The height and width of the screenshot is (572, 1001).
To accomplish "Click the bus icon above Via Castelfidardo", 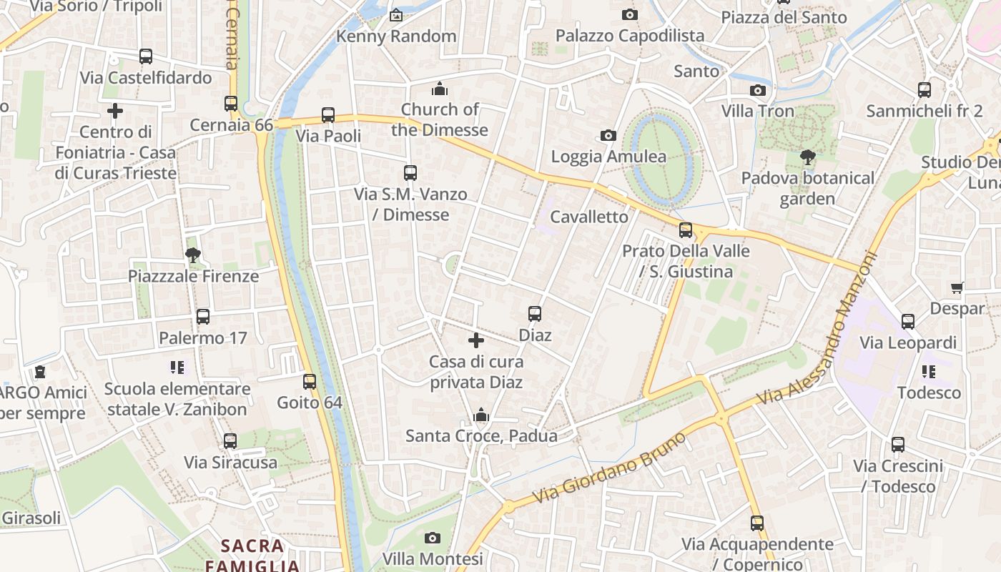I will click(x=146, y=56).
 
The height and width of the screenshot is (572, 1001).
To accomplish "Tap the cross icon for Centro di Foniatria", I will click(x=115, y=111).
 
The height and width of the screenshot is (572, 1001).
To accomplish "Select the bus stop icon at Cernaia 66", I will click(x=231, y=104).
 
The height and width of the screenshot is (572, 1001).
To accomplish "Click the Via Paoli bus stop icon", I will click(x=328, y=114).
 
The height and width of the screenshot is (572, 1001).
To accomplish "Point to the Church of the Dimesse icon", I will click(x=440, y=89).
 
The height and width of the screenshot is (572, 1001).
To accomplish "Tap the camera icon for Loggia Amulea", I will click(x=608, y=135).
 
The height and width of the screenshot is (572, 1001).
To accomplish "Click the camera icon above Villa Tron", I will click(x=758, y=90).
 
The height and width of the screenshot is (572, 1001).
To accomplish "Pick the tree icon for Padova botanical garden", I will click(x=808, y=157).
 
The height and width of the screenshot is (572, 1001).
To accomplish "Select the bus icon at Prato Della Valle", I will click(x=686, y=230).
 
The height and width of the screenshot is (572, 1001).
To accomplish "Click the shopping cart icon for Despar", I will click(x=957, y=287).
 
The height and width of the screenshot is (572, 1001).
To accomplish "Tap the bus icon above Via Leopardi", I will click(x=908, y=321).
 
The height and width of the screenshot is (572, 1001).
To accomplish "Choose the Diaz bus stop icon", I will click(x=535, y=313).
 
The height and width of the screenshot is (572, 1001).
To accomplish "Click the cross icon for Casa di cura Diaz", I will click(x=476, y=340).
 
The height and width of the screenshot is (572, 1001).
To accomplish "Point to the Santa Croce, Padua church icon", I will click(x=481, y=415).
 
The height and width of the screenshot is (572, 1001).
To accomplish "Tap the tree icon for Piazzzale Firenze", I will click(x=192, y=255).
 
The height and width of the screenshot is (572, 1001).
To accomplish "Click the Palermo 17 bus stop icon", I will click(x=203, y=317).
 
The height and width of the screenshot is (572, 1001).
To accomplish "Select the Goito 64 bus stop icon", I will click(x=310, y=381).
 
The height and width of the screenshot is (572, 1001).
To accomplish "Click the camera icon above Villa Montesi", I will click(x=433, y=538).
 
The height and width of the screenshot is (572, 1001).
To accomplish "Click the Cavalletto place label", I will click(x=589, y=217).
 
